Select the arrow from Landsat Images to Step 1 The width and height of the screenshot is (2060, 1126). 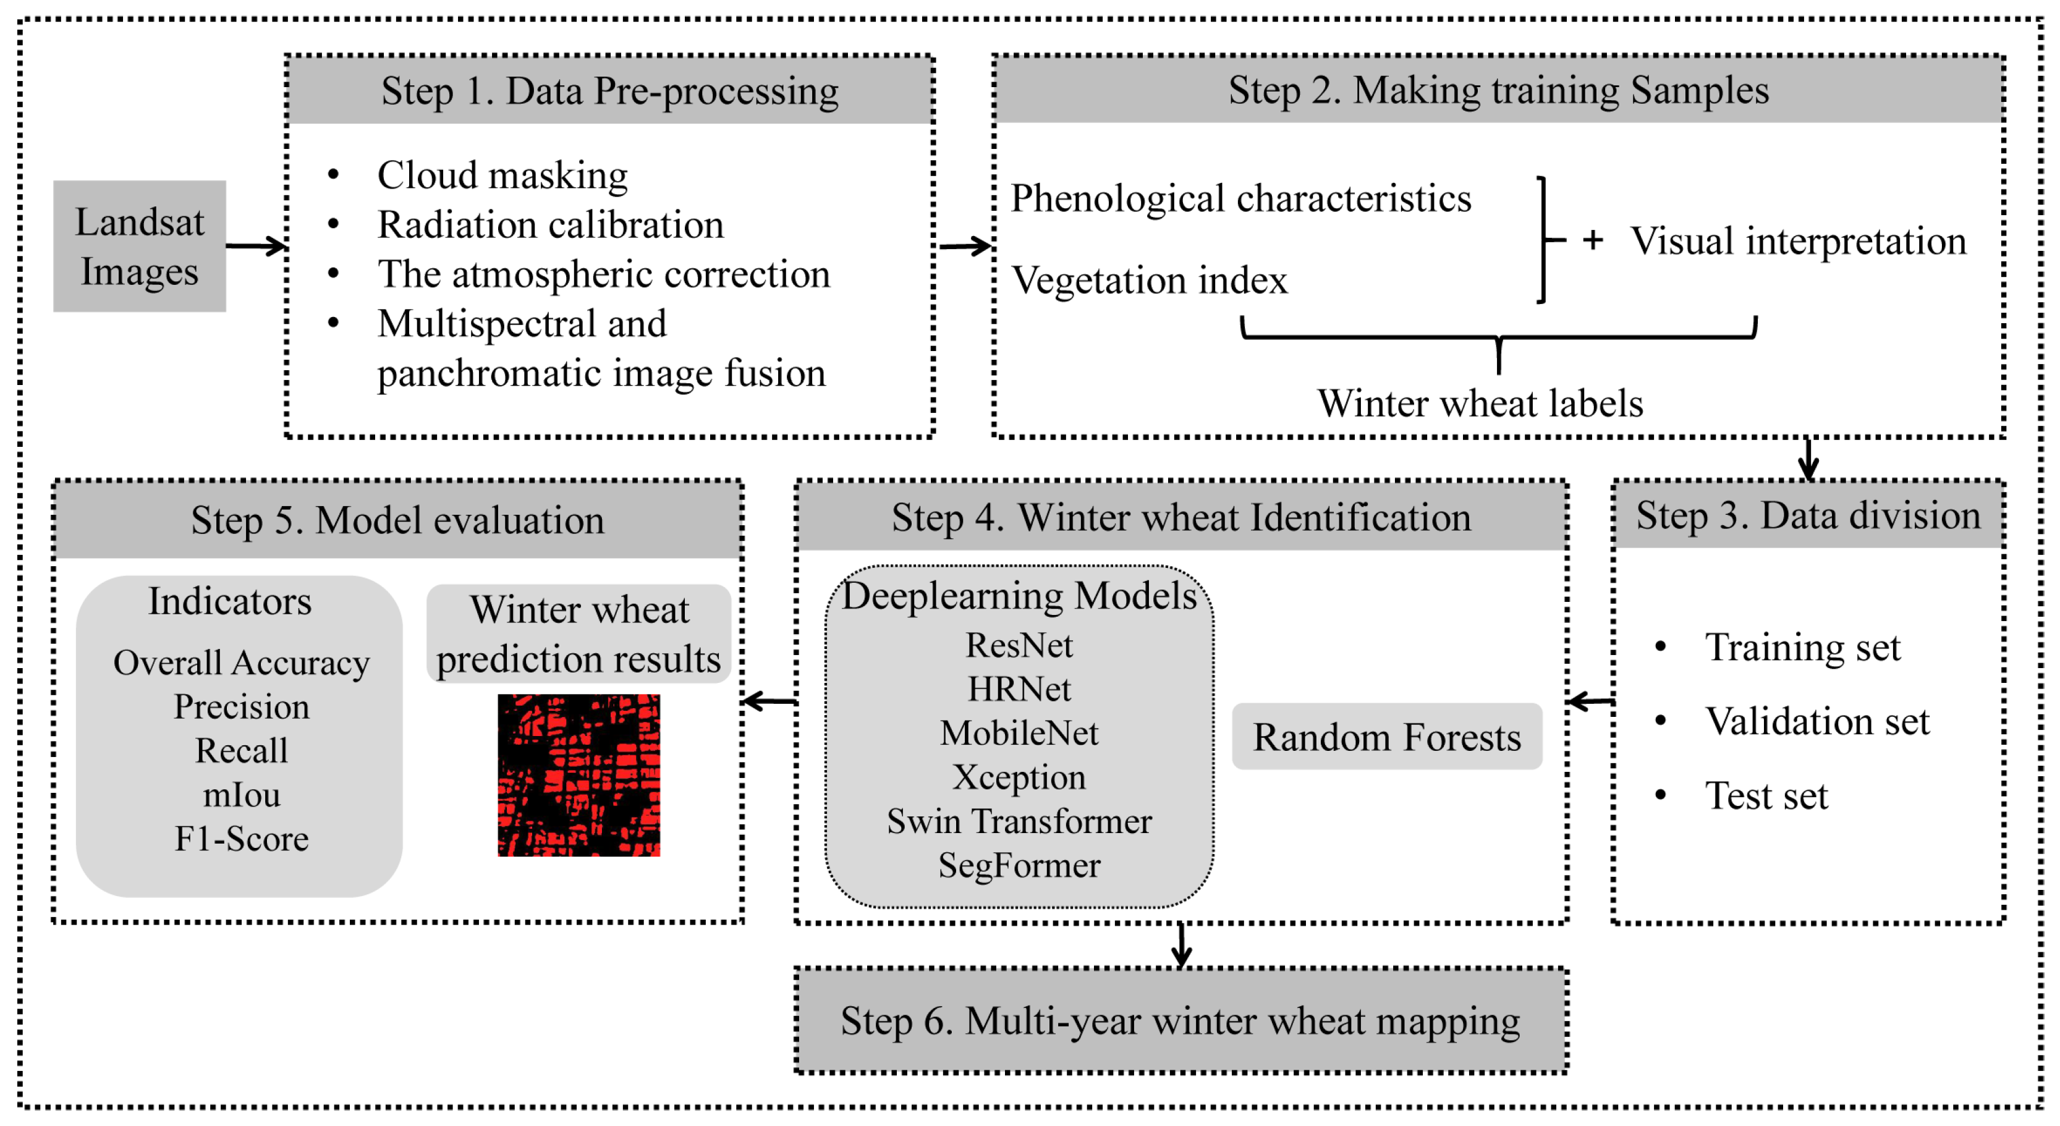(256, 245)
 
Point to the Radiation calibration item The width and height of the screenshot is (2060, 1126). (550, 225)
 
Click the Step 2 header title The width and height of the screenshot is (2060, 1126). (1498, 90)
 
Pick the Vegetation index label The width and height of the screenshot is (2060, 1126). (1149, 281)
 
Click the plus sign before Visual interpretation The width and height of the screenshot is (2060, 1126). (1592, 240)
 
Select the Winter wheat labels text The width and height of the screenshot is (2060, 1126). (1480, 403)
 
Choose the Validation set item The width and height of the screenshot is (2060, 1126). (1817, 721)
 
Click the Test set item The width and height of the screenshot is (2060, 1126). (1766, 796)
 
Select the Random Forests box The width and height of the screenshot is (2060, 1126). (1387, 737)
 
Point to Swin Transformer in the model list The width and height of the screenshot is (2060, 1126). (1019, 821)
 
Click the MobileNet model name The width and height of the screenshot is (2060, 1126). (1019, 734)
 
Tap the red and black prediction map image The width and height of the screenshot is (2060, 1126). (579, 775)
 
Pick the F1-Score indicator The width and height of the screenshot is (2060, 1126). (242, 839)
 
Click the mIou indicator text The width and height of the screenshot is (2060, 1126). (242, 795)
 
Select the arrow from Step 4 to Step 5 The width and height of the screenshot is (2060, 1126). (769, 701)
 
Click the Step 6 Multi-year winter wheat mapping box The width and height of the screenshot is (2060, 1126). (1180, 1020)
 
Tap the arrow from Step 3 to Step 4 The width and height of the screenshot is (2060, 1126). (1590, 701)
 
